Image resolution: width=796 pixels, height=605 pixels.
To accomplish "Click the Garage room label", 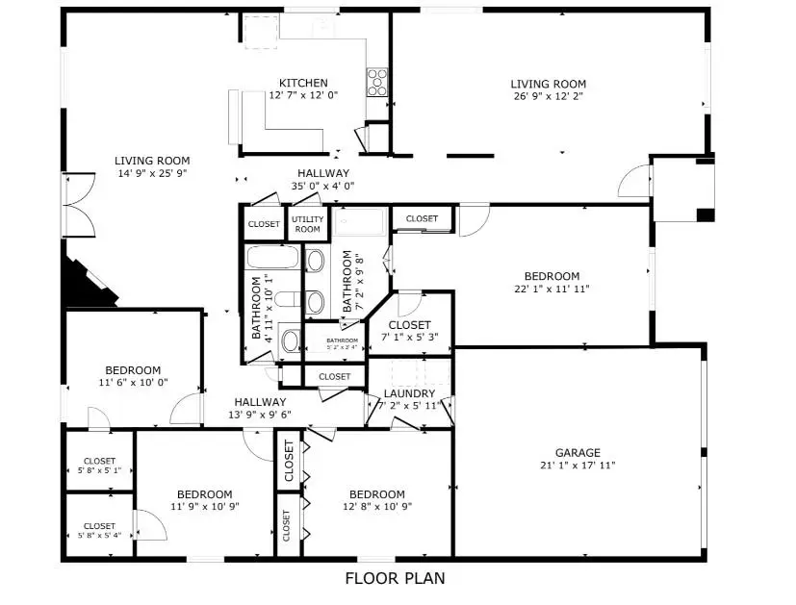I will [x=577, y=452].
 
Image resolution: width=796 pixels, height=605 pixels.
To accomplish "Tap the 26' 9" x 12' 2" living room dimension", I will [x=548, y=96].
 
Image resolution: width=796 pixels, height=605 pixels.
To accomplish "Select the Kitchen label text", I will [x=303, y=83].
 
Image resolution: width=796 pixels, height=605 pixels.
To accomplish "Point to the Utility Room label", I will [x=307, y=224].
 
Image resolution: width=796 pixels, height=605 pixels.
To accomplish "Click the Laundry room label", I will [x=409, y=393].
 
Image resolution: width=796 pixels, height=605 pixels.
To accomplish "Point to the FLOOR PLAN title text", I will [x=395, y=578].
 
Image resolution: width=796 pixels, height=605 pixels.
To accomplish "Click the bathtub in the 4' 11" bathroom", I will [x=273, y=258].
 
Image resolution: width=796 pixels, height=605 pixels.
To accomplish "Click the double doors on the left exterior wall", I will [x=77, y=205].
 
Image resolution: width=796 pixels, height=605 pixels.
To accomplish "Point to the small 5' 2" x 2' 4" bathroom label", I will [x=341, y=340].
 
